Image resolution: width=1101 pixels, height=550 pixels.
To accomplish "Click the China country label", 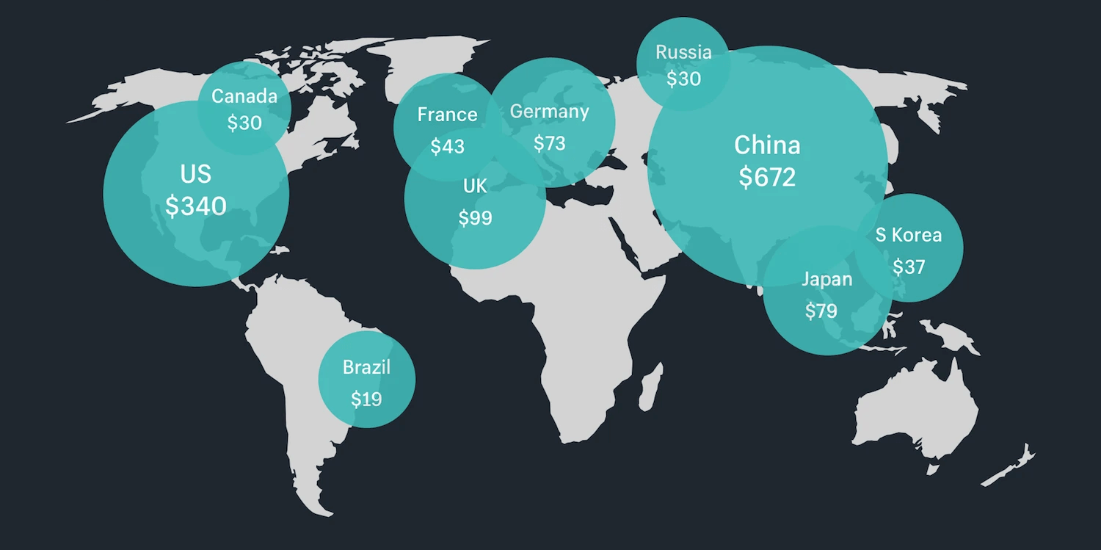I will (767, 145).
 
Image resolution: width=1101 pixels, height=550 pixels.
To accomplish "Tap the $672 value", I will (767, 177).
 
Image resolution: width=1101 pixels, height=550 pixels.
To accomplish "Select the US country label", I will (195, 174).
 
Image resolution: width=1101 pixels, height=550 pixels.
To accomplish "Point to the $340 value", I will (195, 206).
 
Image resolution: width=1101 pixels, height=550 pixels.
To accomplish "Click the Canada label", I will (244, 96).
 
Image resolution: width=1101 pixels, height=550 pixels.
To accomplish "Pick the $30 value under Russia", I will (683, 79).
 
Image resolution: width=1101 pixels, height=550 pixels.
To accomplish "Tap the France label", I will (447, 115).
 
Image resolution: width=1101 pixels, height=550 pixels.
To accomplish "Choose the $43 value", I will (447, 147).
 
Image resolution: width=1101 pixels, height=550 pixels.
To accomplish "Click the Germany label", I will (549, 112).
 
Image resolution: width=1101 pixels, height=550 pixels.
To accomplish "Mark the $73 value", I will (549, 143).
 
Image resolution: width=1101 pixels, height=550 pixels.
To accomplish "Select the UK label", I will (475, 187).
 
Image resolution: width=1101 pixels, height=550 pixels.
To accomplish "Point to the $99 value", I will (475, 218).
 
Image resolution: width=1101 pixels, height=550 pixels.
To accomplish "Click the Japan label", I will (826, 279).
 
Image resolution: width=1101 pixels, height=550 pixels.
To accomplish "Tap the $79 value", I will (821, 311).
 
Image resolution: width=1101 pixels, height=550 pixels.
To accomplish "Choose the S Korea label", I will (908, 235).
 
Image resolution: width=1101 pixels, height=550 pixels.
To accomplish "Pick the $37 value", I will (908, 267).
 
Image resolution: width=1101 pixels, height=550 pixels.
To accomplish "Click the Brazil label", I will (366, 367).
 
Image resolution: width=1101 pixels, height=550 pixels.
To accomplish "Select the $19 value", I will (366, 399).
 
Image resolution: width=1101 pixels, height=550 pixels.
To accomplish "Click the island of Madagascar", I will (647, 390).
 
